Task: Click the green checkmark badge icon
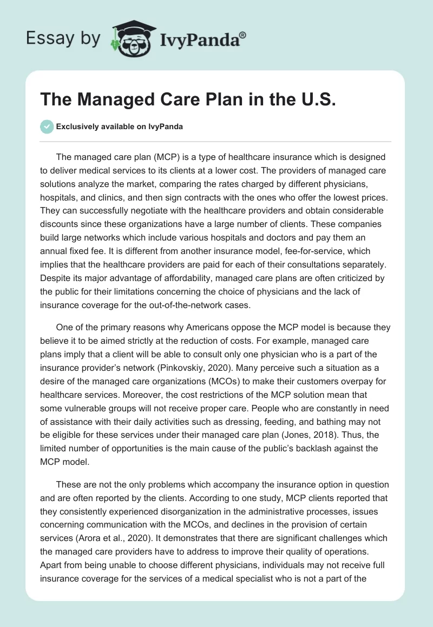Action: tap(47, 126)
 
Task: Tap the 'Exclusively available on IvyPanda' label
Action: tap(119, 127)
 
